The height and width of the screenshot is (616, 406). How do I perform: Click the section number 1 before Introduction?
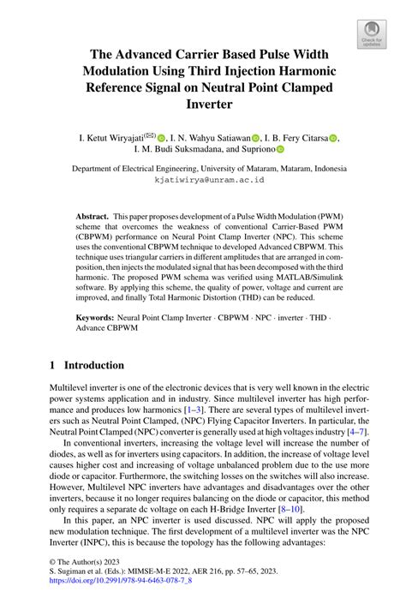tap(53, 365)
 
